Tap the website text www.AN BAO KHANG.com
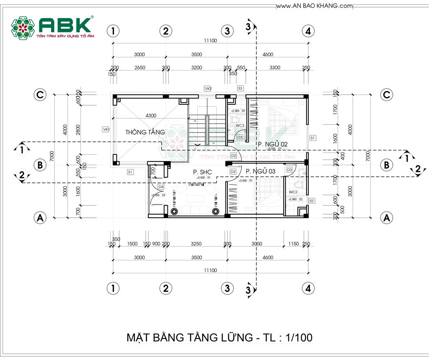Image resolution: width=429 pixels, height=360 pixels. [x=314, y=6]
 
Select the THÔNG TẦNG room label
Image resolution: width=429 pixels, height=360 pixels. [x=145, y=132]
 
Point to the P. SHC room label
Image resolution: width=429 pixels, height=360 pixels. [x=202, y=172]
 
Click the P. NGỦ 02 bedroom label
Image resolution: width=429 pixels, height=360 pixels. [x=273, y=143]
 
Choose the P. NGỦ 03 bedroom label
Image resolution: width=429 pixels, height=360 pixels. [x=261, y=171]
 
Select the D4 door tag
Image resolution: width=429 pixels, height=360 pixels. [x=161, y=187]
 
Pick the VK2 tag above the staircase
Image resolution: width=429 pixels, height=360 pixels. [x=208, y=89]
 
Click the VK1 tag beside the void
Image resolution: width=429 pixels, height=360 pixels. [x=105, y=129]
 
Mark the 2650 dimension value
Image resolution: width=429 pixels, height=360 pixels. [x=139, y=68]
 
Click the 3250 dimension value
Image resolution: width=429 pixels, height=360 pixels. [x=196, y=244]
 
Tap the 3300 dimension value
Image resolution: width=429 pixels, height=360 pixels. [x=275, y=68]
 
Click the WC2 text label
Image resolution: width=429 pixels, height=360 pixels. [x=293, y=192]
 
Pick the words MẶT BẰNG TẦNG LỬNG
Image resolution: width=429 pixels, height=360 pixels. [x=190, y=338]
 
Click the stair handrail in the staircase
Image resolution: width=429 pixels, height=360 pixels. [x=207, y=130]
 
